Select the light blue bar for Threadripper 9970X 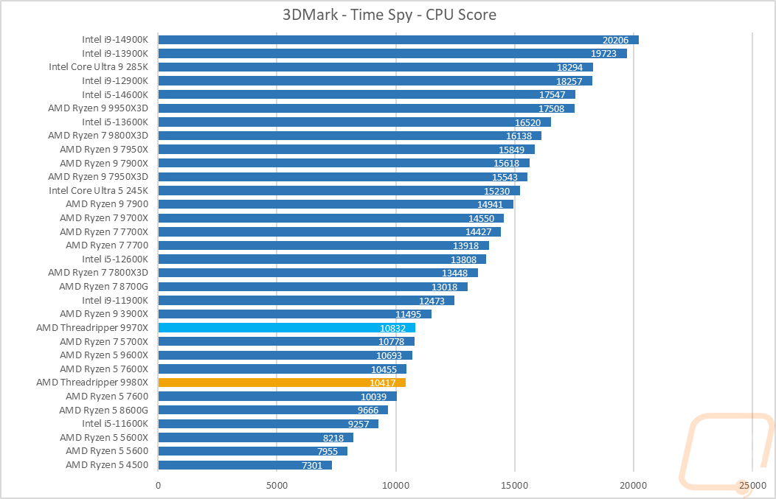(x=286, y=328)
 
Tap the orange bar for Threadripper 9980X (x=282, y=383)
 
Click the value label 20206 (x=616, y=41)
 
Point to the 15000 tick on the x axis (x=514, y=485)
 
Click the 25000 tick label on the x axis (x=752, y=485)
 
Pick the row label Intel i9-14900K (x=115, y=40)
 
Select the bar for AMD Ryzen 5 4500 (x=245, y=465)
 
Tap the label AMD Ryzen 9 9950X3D (x=98, y=108)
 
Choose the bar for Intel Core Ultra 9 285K (x=375, y=67)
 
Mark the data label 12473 (x=432, y=301)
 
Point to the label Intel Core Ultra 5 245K (x=99, y=190)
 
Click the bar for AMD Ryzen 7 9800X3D (x=350, y=136)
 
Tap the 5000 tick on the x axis (x=277, y=485)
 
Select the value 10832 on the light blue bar (x=392, y=328)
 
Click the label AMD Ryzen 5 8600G (x=104, y=410)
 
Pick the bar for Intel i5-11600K (x=268, y=424)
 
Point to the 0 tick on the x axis (x=158, y=485)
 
